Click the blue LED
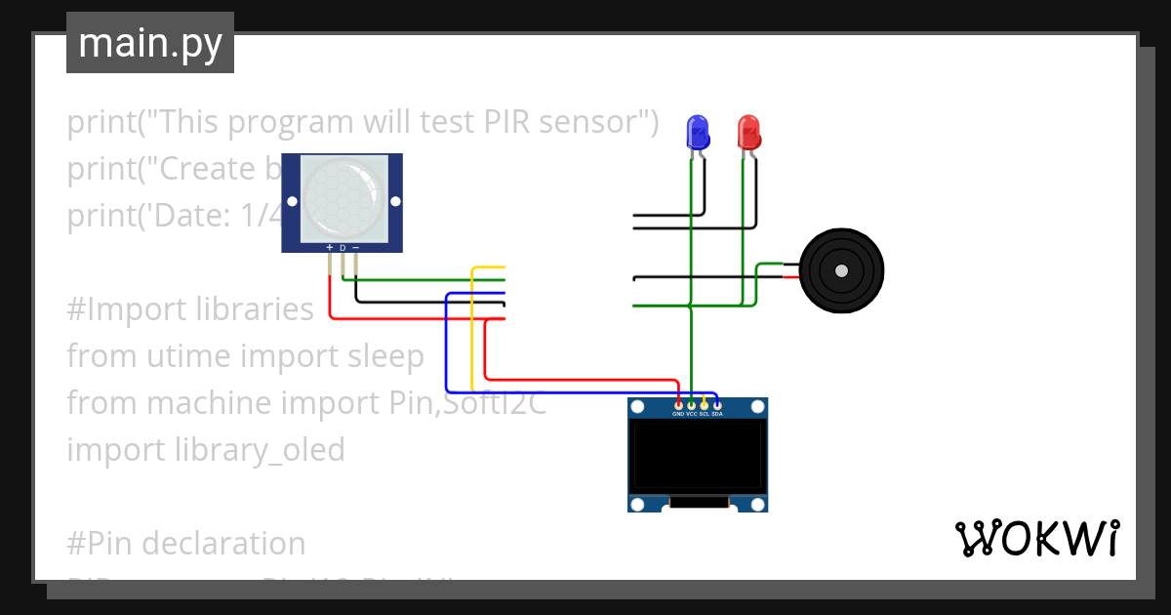[697, 131]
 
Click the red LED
[748, 131]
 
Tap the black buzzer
[840, 271]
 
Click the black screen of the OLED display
[697, 455]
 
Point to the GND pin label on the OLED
[678, 414]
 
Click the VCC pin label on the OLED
[691, 414]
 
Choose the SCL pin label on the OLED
[704, 414]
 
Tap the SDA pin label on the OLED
[716, 414]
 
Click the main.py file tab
[150, 44]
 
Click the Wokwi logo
[1035, 538]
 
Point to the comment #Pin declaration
[185, 543]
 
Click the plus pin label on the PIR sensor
[330, 248]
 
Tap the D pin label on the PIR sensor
[343, 248]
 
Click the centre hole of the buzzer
[840, 271]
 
